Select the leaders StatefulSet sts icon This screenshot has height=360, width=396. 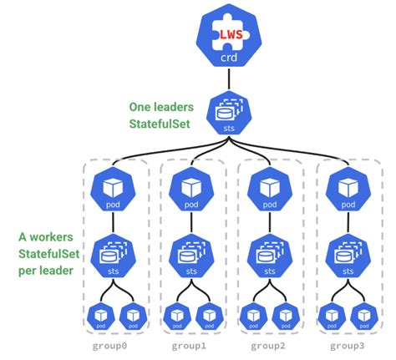coord(228,114)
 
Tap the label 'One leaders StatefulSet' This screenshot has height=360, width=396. coord(164,116)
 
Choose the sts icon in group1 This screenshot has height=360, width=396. coord(190,254)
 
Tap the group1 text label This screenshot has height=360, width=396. coord(191,345)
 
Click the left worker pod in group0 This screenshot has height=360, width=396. coord(99,316)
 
